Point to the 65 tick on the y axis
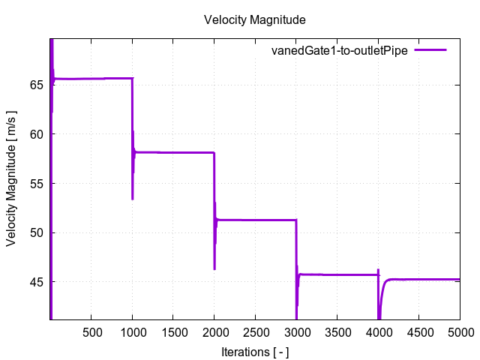tap(35, 85)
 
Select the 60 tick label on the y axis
tap(35, 134)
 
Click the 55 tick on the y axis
tap(35, 183)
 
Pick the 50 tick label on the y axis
tap(35, 232)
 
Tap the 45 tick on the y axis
tap(35, 282)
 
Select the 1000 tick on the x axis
tap(133, 331)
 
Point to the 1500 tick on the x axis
tap(173, 331)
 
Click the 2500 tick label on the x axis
tap(255, 331)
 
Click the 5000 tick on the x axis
tap(459, 331)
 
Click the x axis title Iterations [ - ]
tap(255, 351)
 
